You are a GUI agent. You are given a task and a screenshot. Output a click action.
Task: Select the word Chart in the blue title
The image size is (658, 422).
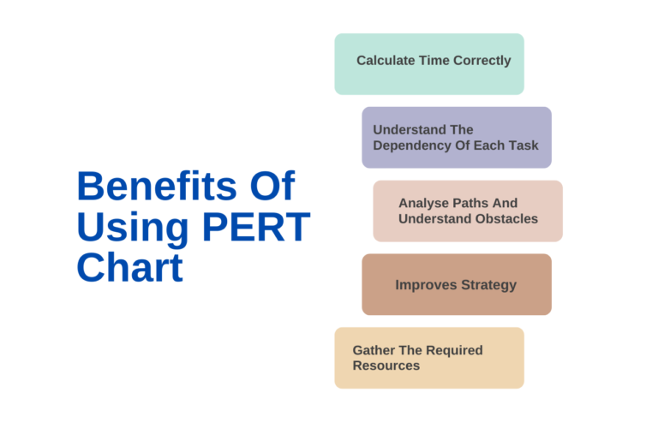(x=129, y=267)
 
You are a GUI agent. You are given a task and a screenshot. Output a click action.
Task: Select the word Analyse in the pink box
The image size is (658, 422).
(x=424, y=203)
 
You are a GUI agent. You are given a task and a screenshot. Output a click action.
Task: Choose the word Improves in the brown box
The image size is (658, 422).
(x=423, y=284)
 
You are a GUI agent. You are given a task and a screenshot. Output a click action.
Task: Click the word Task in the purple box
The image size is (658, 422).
(x=523, y=145)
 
